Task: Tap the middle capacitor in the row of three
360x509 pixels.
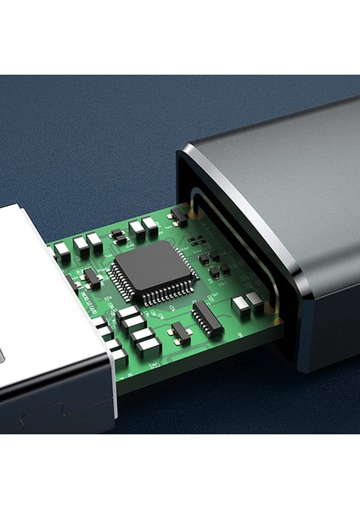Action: tap(82, 246)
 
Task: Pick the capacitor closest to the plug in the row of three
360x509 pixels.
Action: tap(63, 250)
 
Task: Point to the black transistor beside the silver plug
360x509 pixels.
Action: tap(90, 277)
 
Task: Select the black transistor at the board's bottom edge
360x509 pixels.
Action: tap(180, 332)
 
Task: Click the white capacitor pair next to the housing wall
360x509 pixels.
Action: tap(247, 302)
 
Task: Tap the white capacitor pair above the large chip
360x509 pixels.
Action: tap(143, 227)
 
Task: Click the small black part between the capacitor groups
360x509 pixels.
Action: tap(118, 235)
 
